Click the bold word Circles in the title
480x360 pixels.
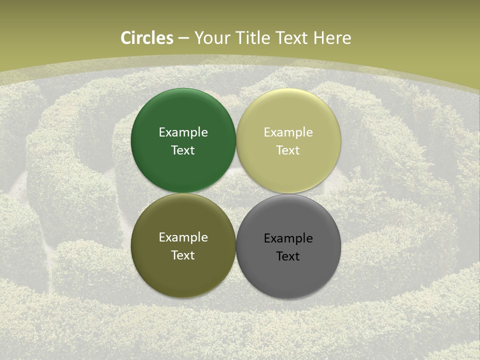pyautogui.click(x=147, y=38)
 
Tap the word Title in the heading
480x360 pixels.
pyautogui.click(x=254, y=38)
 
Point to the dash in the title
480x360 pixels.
pyautogui.click(x=183, y=38)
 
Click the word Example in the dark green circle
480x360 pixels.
pyautogui.click(x=183, y=132)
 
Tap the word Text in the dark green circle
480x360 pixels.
pyautogui.click(x=183, y=150)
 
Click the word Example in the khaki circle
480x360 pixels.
pyautogui.click(x=288, y=132)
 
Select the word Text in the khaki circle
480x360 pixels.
pyautogui.click(x=288, y=150)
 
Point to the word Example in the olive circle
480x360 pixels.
pyautogui.click(x=183, y=237)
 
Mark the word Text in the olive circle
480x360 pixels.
pyautogui.click(x=183, y=255)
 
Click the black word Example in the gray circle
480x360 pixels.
pyautogui.click(x=288, y=238)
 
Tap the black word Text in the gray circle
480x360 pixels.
pyautogui.click(x=288, y=256)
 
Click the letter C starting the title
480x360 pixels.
pyautogui.click(x=126, y=38)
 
